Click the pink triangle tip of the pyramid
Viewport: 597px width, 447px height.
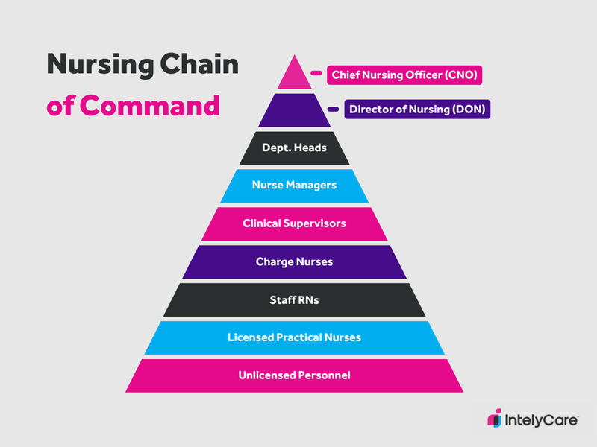pyautogui.click(x=294, y=77)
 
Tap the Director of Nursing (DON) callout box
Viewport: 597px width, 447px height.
pyautogui.click(x=416, y=110)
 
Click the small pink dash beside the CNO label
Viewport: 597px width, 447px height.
pyautogui.click(x=316, y=74)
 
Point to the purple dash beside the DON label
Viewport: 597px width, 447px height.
pyautogui.click(x=333, y=110)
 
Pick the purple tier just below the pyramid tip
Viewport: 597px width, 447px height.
pyautogui.click(x=294, y=110)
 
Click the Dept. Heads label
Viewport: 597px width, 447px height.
pyautogui.click(x=294, y=148)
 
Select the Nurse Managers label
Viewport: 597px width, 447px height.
pyautogui.click(x=294, y=185)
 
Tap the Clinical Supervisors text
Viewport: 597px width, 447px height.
pyautogui.click(x=294, y=223)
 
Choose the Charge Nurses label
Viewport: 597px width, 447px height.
pyautogui.click(x=294, y=261)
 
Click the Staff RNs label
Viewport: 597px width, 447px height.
pyautogui.click(x=294, y=299)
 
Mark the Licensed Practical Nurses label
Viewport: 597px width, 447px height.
pyautogui.click(x=294, y=337)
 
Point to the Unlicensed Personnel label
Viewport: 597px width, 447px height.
pyautogui.click(x=294, y=375)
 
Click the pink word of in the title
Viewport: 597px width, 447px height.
pyautogui.click(x=60, y=105)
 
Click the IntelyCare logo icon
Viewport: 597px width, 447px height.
pyautogui.click(x=494, y=419)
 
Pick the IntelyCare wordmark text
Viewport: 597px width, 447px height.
pyautogui.click(x=541, y=419)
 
